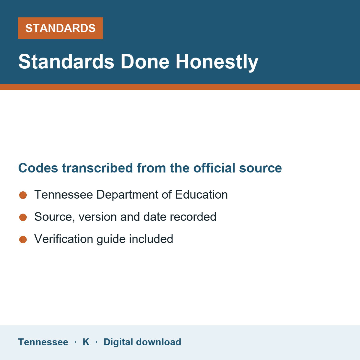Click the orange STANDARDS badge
coord(60,28)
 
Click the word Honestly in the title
coord(217,62)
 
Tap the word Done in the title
coord(145,62)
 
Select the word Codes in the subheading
coord(38,168)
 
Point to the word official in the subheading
coord(214,168)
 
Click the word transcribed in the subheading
coord(97,168)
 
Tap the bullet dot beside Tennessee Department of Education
coord(23,195)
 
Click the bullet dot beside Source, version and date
coord(23,217)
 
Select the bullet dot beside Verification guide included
coord(23,239)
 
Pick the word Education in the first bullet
coord(201,194)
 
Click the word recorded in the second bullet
coord(193,217)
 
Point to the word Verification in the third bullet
coord(64,239)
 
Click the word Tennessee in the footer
coord(43,342)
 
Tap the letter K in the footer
coord(86,342)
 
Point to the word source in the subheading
coord(260,168)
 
